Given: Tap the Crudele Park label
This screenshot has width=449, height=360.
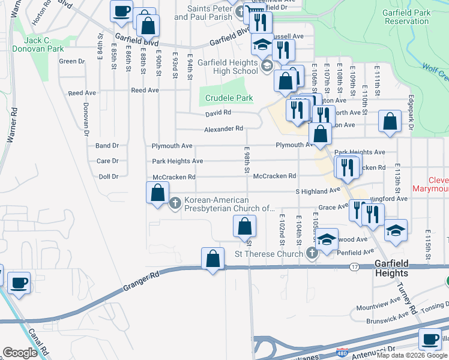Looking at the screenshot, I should tap(229, 98).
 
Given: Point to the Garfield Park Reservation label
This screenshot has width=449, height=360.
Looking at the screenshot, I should tap(417, 16).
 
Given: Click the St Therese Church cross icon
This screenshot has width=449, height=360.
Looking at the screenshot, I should tap(312, 254).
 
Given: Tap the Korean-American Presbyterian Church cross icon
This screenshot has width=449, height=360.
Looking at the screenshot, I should tap(175, 203).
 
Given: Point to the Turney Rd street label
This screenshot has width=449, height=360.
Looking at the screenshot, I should tap(406, 298).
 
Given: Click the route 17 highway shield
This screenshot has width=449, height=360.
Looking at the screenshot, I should tap(354, 266).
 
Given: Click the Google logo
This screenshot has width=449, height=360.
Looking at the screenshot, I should tap(20, 353).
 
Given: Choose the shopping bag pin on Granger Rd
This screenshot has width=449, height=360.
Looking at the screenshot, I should tap(212, 259).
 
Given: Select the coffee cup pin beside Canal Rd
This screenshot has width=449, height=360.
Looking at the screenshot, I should tap(18, 283).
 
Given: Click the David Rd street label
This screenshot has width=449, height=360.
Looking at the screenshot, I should tap(218, 112).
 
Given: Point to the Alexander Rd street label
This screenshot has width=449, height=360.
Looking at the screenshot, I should tap(223, 128).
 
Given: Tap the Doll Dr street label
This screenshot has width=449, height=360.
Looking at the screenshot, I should tap(108, 177).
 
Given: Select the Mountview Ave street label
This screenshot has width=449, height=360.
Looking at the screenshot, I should tap(387, 307).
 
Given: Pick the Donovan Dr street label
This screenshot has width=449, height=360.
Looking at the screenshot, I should tap(85, 117).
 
